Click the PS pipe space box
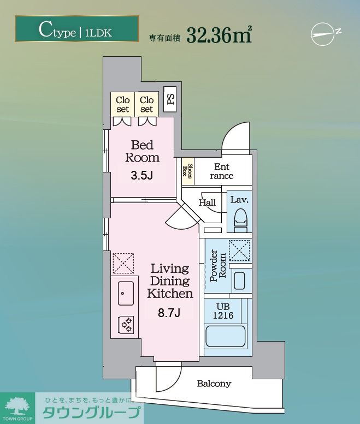point(170,99)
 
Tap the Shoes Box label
point(188,171)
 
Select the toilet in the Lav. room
point(240,220)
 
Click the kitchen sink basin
point(126,293)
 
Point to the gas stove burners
point(126,325)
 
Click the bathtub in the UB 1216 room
point(226,337)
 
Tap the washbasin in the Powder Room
point(240,280)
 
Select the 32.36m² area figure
point(219,34)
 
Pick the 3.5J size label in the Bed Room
point(142,176)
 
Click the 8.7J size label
point(169,313)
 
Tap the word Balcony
point(214,384)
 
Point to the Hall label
point(208,202)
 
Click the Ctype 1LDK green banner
point(76,29)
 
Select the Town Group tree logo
point(17,407)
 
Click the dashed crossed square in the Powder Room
point(240,250)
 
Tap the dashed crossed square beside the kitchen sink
point(123,264)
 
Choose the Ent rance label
point(222,171)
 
